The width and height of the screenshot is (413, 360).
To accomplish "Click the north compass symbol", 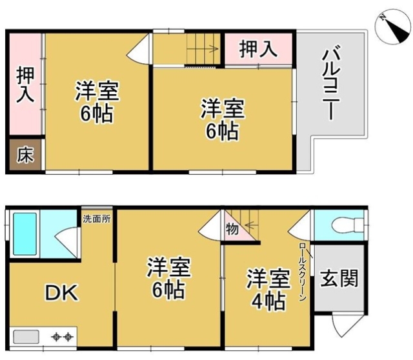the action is click(x=393, y=26).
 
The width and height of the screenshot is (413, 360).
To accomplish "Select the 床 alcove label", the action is click(x=25, y=155).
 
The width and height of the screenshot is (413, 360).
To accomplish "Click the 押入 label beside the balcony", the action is click(x=258, y=49).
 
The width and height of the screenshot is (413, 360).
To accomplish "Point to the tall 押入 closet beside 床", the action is click(x=25, y=85).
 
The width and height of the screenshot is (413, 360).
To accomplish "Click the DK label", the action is click(x=62, y=293).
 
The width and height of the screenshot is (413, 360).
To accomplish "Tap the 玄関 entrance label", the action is click(x=339, y=278).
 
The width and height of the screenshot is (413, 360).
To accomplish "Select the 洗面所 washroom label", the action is click(x=97, y=219).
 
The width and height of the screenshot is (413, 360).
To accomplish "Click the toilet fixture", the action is click(x=348, y=225).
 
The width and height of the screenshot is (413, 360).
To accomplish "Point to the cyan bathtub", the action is click(x=25, y=234).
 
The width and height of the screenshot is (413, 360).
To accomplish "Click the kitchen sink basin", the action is click(x=26, y=337).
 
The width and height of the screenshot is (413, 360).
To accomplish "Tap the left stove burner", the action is click(x=56, y=337).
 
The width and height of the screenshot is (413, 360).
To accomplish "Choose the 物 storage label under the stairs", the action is click(x=232, y=229).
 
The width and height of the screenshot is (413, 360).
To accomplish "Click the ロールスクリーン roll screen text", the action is click(x=303, y=272).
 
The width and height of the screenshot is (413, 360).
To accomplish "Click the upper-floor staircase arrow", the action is click(x=202, y=49).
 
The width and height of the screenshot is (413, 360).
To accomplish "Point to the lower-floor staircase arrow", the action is click(x=252, y=225).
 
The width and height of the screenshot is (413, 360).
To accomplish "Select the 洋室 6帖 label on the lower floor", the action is click(x=168, y=277).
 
